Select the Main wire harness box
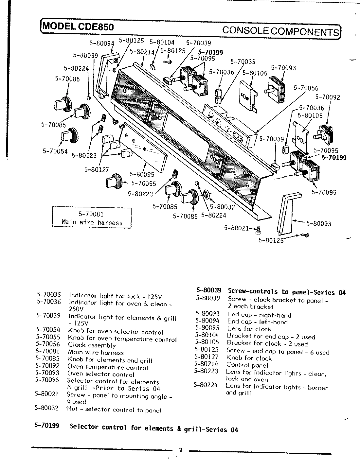[x=92, y=218]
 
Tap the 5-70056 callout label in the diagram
[x=306, y=88]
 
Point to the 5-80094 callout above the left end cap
[x=102, y=44]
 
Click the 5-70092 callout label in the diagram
[x=327, y=97]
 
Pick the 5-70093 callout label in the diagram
[x=283, y=68]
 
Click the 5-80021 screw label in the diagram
[x=237, y=228]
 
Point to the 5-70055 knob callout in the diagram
[x=144, y=183]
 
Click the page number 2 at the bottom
[x=180, y=450]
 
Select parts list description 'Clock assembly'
[x=92, y=345]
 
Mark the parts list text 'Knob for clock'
[x=249, y=358]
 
